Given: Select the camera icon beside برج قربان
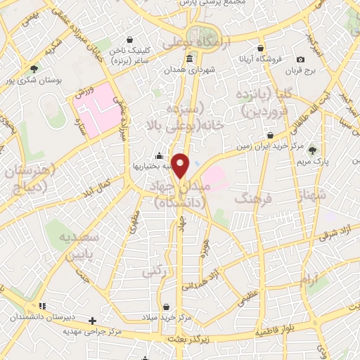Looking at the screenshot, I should click(301, 60).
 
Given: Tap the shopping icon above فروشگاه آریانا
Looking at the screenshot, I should click(261, 49).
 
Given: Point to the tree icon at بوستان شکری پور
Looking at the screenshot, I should click(34, 69).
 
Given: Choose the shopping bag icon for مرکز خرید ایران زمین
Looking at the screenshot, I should click(270, 135).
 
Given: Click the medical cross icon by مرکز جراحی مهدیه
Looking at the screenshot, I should click(92, 321).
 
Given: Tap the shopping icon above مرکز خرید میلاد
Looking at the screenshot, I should click(166, 307).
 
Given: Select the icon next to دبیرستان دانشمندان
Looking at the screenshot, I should click(42, 307).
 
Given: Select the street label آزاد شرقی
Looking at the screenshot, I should click(337, 232).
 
